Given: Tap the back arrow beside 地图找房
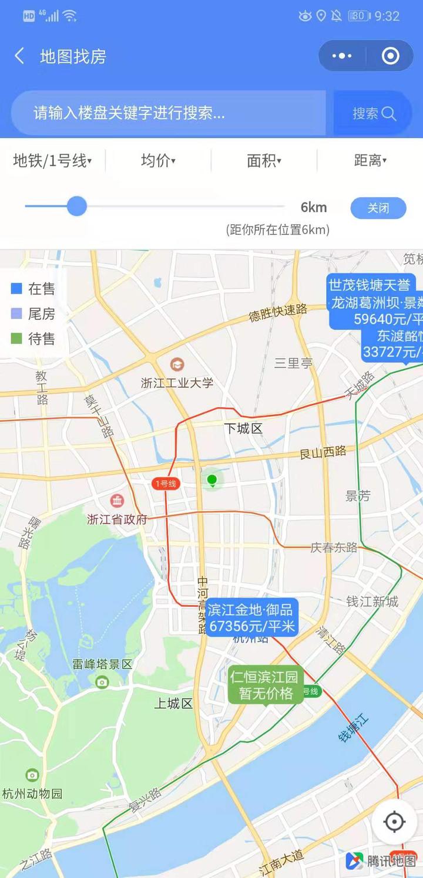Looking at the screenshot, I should [19, 56].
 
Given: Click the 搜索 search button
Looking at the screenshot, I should [374, 113].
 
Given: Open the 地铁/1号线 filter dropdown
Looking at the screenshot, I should [52, 160].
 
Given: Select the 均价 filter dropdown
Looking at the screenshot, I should [158, 160].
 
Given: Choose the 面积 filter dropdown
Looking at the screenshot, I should [264, 160].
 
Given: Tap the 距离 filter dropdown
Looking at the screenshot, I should [370, 160].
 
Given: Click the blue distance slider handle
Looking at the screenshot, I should [76, 206].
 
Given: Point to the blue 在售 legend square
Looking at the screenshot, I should [16, 288].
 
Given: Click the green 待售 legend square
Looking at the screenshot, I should [16, 339].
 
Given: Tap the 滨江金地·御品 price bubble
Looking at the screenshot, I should [251, 618].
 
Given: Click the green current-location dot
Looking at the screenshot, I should [212, 480].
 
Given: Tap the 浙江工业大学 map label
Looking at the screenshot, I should [177, 383].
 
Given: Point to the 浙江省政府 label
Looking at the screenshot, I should [117, 519].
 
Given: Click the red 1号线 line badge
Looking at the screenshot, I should [164, 484].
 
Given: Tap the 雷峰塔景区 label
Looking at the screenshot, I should [102, 664].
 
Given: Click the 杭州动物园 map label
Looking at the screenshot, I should [32, 793].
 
